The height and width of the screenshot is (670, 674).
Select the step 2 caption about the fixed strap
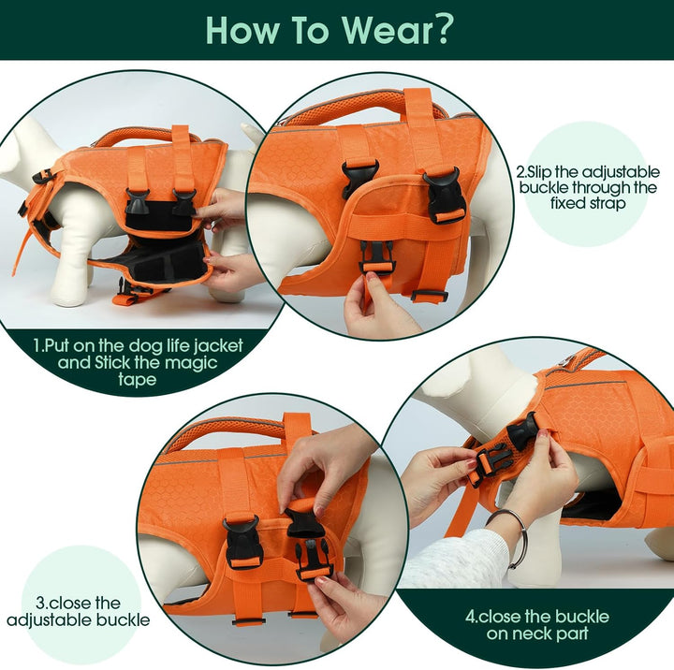[x=586, y=188]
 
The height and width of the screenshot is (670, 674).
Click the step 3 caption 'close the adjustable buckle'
[x=78, y=611]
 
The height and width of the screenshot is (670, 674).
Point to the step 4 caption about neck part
[x=536, y=625]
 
